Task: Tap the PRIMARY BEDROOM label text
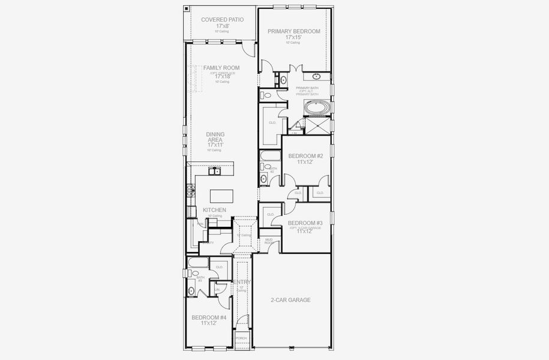pos(293,31)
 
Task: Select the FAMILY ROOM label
pos(221,68)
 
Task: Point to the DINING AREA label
pos(214,137)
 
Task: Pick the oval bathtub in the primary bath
pos(316,109)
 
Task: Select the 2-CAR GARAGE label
pos(291,299)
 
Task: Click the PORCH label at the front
pos(241,338)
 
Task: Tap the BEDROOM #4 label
pos(208,317)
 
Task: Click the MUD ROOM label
pos(269,241)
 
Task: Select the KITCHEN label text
pos(214,210)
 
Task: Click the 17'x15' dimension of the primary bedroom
pos(293,37)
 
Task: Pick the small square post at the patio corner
pos(187,9)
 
